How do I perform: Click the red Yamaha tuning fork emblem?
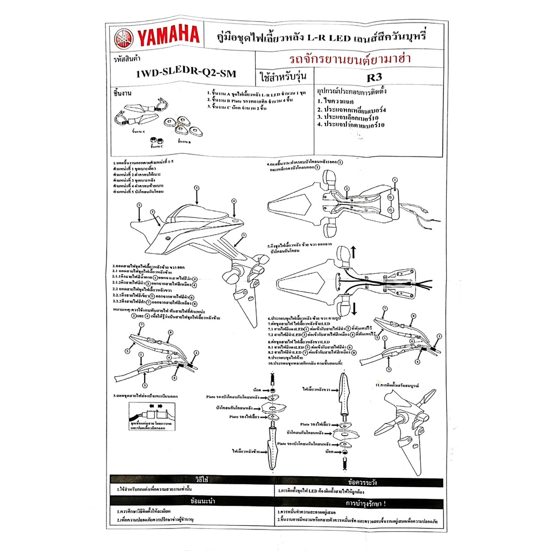click(124, 38)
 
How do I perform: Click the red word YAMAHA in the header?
click(167, 38)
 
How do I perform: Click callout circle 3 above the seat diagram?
click(196, 187)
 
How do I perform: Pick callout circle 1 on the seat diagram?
click(139, 205)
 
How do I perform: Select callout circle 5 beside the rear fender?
click(243, 235)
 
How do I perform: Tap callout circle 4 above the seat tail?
click(234, 201)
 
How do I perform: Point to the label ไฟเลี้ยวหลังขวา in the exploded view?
click(317, 388)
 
